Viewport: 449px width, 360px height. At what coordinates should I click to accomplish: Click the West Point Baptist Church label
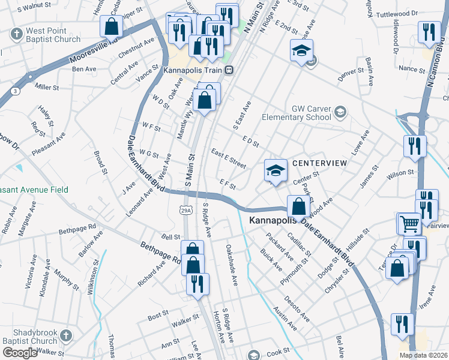pos(53,35)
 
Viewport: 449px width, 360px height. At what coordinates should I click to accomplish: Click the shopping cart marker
pos(409,224)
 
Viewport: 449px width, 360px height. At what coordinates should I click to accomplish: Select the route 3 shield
pos(14,90)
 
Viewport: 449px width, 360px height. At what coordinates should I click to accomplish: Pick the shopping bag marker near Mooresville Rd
pos(111,26)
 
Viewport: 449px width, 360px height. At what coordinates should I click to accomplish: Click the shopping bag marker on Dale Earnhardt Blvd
pos(298,207)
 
